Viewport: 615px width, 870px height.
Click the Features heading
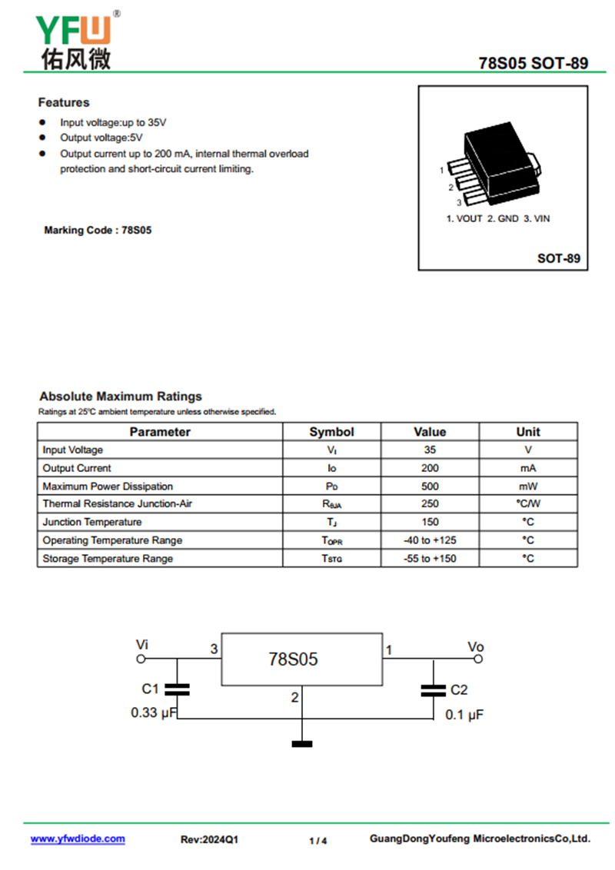click(x=64, y=102)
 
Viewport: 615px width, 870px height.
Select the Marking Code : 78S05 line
click(x=98, y=230)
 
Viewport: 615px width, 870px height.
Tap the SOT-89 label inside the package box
click(x=558, y=258)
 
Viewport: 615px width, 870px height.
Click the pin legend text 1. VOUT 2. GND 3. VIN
click(x=498, y=218)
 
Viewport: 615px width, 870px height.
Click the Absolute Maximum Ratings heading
click(x=121, y=397)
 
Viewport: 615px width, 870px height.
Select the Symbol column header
click(x=331, y=432)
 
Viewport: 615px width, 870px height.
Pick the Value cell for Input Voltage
click(x=430, y=450)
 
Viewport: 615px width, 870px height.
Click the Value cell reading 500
click(x=430, y=486)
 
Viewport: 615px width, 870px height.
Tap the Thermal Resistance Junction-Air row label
click(x=108, y=504)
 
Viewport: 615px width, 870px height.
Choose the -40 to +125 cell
click(x=430, y=540)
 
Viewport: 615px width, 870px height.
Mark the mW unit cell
click(x=528, y=486)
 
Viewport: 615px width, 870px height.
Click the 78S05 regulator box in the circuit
click(x=301, y=659)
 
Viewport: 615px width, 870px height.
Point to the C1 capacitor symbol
click(x=178, y=689)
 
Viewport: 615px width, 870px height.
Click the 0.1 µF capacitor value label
click(x=464, y=715)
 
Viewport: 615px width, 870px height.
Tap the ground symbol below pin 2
click(x=302, y=743)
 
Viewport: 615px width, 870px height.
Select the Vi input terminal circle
click(x=141, y=659)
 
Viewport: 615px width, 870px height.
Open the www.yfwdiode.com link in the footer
click(x=78, y=839)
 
